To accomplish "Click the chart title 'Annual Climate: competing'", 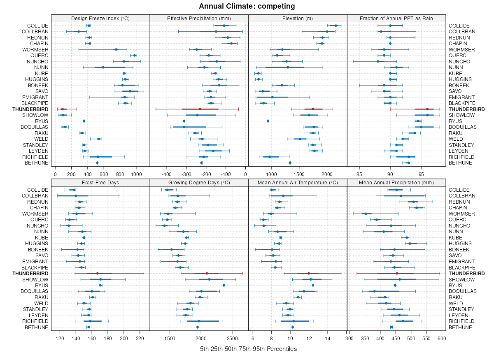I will tap(247, 6).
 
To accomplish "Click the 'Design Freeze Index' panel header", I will tap(100, 18).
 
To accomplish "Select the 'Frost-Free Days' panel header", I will tap(100, 182).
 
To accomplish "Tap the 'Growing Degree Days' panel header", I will tap(199, 182).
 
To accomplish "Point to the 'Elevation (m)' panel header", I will tap(298, 18).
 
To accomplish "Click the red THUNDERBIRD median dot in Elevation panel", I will tap(313, 109).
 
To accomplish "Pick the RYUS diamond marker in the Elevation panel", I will tap(268, 121).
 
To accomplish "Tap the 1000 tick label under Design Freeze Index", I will tap(136, 168).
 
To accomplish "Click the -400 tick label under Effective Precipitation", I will tap(166, 168).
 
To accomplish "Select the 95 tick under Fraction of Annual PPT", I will tap(421, 168).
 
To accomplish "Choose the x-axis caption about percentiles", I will tap(248, 349).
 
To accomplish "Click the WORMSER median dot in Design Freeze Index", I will tap(116, 49).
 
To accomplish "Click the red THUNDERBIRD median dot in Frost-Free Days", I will tap(98, 273).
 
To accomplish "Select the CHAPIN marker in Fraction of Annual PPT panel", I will tap(390, 43).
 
